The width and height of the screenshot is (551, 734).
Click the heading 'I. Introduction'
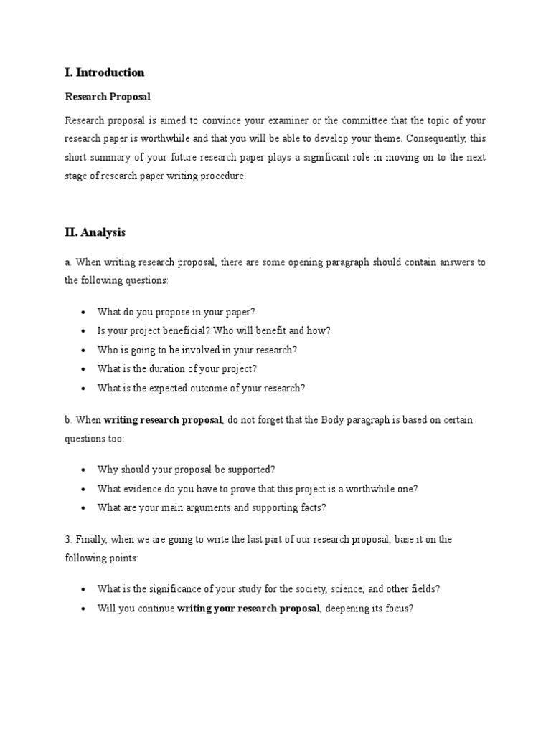pos(105,72)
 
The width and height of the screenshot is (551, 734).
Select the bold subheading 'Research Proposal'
pos(108,96)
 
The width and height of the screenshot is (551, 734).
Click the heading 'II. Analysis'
pos(95,232)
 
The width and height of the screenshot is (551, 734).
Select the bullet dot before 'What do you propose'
pos(83,312)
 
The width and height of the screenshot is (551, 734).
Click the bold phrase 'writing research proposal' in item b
pos(163,420)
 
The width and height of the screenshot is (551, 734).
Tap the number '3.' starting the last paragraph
pos(69,540)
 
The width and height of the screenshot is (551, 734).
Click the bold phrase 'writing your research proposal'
pos(248,609)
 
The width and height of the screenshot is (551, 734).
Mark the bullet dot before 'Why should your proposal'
pos(83,470)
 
